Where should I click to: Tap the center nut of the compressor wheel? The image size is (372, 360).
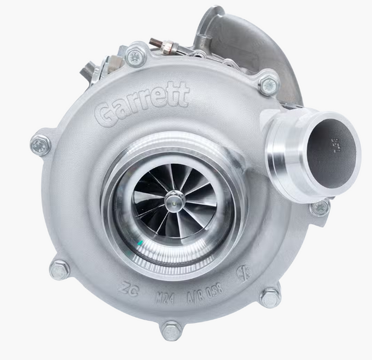click(x=174, y=200)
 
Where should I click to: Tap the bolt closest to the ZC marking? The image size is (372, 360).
click(x=60, y=269)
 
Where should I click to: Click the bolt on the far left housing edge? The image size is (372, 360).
click(x=41, y=145)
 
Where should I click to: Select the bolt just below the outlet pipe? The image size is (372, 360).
click(x=319, y=207)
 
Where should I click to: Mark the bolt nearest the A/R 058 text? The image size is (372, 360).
click(x=270, y=297)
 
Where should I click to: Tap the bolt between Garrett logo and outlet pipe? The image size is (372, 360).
click(x=268, y=84)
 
